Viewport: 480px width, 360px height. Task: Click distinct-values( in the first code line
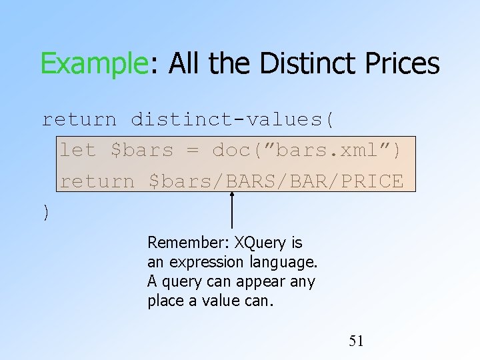coord(233,120)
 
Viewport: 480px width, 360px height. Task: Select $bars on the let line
coord(142,151)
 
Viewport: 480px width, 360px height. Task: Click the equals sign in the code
coord(192,151)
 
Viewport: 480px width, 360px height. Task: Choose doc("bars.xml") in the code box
coord(307,151)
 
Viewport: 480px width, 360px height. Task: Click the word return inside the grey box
coord(97,181)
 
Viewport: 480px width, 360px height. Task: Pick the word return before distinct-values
coord(79,120)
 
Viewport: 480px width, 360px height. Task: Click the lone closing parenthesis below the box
coord(45,212)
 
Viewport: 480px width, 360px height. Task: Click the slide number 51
coord(357,341)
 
